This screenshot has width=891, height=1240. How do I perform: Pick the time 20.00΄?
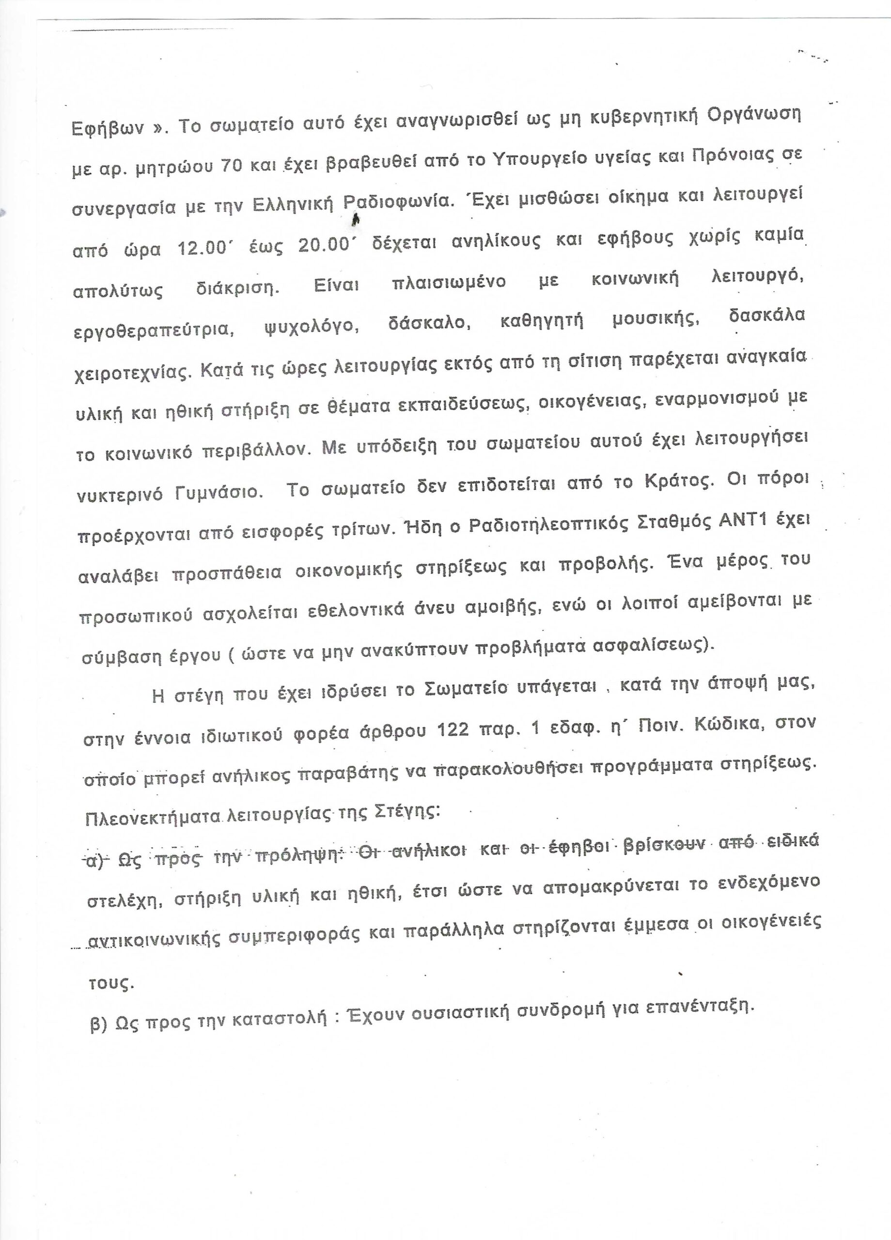[x=324, y=245]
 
